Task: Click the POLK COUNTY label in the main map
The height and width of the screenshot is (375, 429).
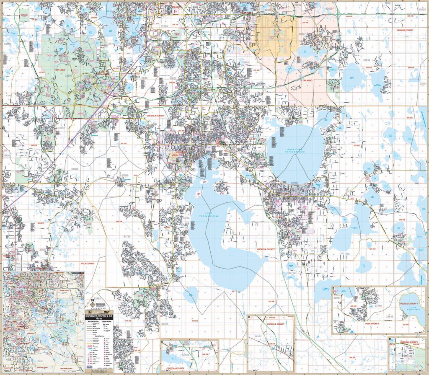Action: pyautogui.click(x=88, y=264)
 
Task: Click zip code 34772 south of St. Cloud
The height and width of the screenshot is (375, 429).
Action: pyautogui.click(x=292, y=273)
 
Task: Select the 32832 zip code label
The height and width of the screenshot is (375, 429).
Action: pyautogui.click(x=367, y=60)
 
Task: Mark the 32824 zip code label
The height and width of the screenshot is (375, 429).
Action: pyautogui.click(x=244, y=62)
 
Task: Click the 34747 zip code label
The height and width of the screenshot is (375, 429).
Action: pyautogui.click(x=62, y=127)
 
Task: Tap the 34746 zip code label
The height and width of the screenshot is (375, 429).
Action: pyautogui.click(x=186, y=218)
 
